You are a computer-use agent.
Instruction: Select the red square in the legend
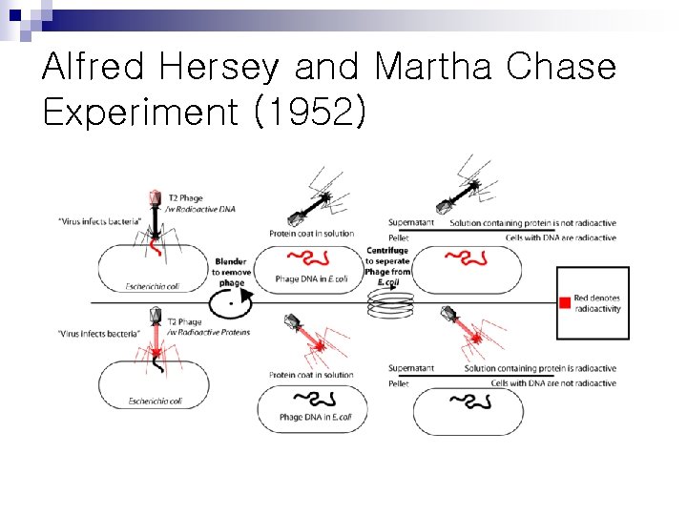(x=565, y=303)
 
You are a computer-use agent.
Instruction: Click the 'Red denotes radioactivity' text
(x=597, y=303)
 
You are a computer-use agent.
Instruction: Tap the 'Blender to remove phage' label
(x=231, y=272)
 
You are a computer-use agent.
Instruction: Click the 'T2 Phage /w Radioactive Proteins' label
(x=207, y=327)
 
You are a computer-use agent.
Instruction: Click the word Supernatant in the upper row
(x=411, y=223)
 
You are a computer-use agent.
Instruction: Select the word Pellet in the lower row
(x=399, y=383)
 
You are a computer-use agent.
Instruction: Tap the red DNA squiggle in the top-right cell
(x=467, y=257)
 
